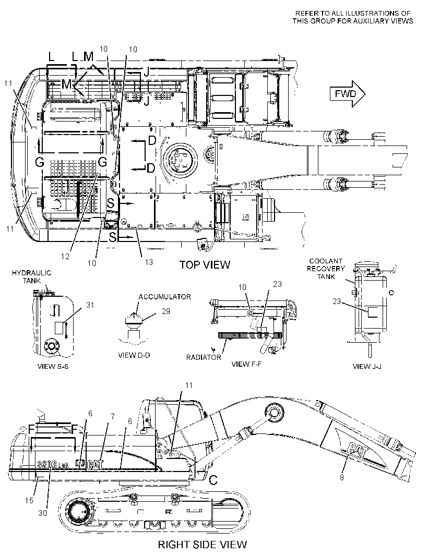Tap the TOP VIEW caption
205,264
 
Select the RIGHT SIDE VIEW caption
203,545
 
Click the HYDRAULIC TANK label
32,276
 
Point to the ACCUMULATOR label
164,297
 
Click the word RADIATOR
204,357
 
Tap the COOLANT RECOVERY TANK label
326,269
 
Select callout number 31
90,305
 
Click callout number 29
166,311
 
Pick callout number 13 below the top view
149,262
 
